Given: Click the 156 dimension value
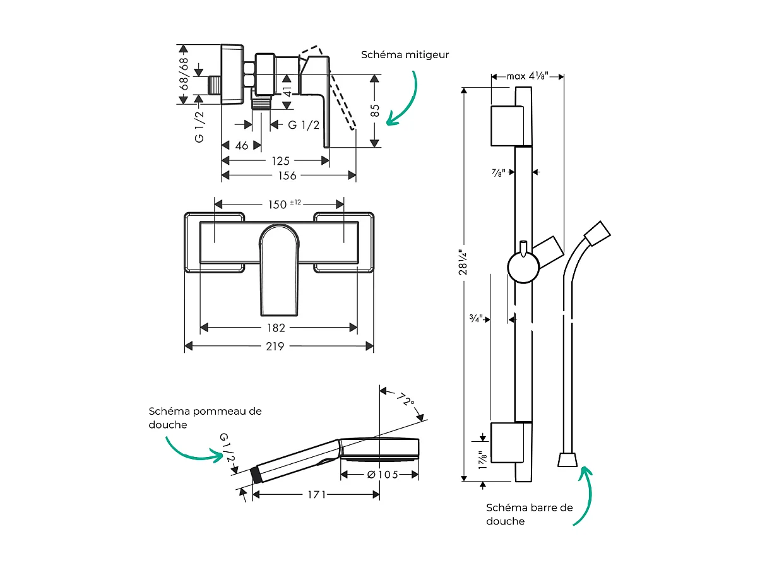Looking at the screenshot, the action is click(x=287, y=176).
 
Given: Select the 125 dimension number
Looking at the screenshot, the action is click(x=280, y=161).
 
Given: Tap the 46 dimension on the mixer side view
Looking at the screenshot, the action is click(x=241, y=146).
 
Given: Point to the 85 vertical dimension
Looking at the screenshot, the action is click(x=375, y=110).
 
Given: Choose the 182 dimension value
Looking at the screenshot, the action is click(x=276, y=328).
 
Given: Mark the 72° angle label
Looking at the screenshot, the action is click(x=405, y=401).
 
